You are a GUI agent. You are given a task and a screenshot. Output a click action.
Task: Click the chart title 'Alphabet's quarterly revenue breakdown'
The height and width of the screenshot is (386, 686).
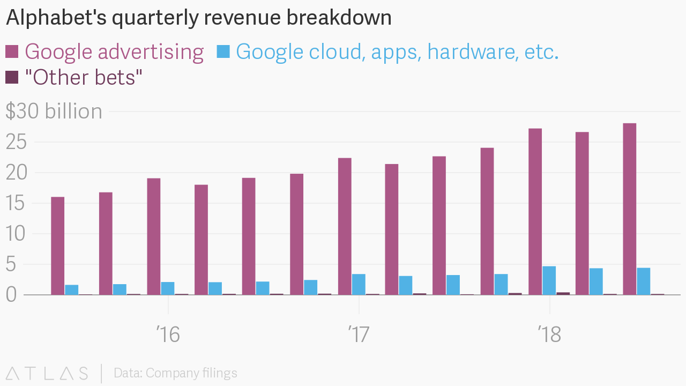click(198, 18)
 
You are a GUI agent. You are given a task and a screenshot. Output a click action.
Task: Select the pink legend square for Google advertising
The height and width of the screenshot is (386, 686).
click(12, 51)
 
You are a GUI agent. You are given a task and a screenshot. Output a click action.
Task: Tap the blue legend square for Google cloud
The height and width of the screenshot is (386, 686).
click(223, 51)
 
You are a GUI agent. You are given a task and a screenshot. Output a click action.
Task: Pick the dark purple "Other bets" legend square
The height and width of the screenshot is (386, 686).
click(12, 77)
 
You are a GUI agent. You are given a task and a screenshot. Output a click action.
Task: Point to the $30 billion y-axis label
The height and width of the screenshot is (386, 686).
click(54, 112)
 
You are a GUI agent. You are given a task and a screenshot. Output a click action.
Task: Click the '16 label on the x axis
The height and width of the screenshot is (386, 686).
click(168, 335)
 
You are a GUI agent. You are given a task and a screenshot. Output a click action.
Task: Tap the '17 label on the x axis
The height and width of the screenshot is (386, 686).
click(359, 335)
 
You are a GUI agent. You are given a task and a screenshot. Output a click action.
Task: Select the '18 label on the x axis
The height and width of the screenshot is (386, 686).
click(549, 335)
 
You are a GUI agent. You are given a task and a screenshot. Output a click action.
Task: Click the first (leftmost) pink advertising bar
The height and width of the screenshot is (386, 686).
click(58, 246)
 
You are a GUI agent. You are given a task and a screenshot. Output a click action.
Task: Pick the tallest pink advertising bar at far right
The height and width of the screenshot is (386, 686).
click(629, 209)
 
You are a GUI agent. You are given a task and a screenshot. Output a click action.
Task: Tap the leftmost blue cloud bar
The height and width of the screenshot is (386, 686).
click(72, 289)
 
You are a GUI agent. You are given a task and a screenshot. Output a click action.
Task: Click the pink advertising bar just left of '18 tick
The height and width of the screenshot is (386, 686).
click(535, 212)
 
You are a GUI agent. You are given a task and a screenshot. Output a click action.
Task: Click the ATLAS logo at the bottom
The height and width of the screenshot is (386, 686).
click(47, 373)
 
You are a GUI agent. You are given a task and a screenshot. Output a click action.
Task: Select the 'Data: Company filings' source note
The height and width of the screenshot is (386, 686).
click(175, 373)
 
